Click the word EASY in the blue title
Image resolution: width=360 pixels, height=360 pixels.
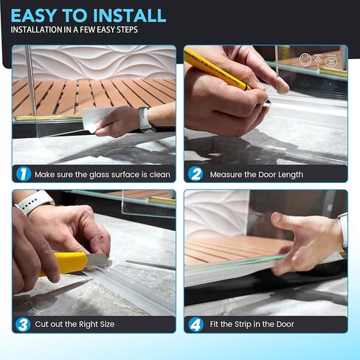[34, 15]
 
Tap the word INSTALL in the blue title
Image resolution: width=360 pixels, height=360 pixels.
[130, 15]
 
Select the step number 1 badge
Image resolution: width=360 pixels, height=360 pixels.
[24, 174]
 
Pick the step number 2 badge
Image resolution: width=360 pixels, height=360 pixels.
[195, 174]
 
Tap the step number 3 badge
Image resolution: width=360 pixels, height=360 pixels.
[23, 324]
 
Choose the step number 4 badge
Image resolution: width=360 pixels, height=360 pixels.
[196, 325]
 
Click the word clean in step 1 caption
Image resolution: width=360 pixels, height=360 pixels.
[160, 175]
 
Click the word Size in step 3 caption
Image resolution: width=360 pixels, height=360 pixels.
[107, 324]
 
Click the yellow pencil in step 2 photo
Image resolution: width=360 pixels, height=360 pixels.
[221, 72]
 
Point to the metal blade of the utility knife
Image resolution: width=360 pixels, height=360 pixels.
[98, 260]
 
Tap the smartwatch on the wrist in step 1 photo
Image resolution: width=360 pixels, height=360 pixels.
[145, 118]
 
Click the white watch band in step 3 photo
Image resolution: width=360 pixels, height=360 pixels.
[34, 202]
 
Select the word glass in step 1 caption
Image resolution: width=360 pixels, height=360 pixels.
[99, 175]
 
